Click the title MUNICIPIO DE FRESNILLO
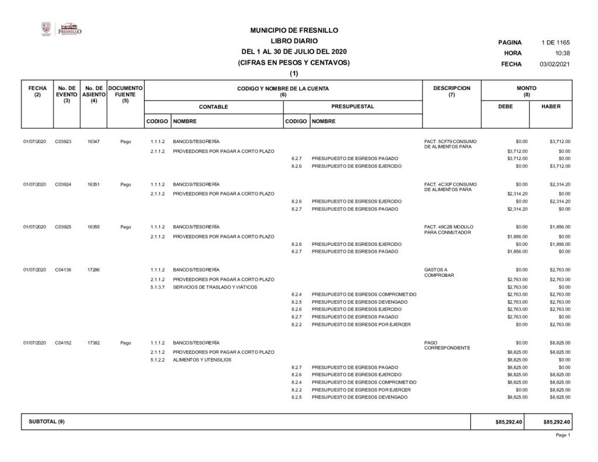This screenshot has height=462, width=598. (294, 30)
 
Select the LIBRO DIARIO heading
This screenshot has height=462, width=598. (294, 41)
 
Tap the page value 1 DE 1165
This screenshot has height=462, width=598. (555, 43)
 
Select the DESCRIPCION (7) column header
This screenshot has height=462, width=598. (451, 92)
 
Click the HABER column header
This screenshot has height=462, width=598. (551, 107)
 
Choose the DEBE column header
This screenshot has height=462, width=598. (505, 107)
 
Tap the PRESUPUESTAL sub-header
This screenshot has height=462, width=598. (352, 107)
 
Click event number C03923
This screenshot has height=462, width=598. (63, 142)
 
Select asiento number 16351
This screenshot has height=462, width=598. (93, 185)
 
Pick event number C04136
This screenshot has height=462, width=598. (63, 269)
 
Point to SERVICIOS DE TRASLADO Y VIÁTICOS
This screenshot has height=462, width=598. (215, 287)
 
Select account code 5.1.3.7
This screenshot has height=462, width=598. (158, 287)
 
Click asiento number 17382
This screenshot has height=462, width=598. (93, 343)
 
